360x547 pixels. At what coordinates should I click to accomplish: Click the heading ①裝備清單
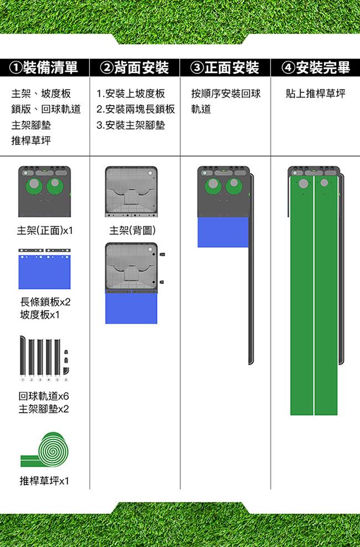tap(44, 67)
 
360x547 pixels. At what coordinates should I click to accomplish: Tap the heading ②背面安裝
tap(134, 67)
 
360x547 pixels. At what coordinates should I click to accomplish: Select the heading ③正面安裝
tap(225, 67)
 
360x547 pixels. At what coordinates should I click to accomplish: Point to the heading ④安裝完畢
tap(316, 67)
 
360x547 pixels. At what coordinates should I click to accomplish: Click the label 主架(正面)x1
tap(45, 231)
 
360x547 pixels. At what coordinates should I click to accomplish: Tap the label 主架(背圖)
tap(132, 230)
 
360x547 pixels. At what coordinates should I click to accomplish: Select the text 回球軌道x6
tap(44, 396)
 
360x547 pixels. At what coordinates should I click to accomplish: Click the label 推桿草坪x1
tap(44, 481)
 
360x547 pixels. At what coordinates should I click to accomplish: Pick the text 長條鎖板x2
tap(45, 301)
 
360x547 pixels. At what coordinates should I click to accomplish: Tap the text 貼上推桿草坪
tap(315, 94)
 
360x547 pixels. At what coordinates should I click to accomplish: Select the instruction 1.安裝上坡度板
tap(131, 94)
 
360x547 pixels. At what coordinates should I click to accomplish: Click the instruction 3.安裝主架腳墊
tap(131, 125)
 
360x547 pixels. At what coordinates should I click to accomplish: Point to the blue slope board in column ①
tap(45, 272)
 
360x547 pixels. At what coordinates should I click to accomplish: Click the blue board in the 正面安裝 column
tap(223, 232)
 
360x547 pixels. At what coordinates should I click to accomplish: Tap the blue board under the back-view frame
tap(131, 308)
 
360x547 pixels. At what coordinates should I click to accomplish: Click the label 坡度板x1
tap(40, 315)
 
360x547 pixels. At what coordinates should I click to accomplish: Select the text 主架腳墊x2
tap(44, 409)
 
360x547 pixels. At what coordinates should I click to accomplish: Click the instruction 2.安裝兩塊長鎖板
tap(136, 109)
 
